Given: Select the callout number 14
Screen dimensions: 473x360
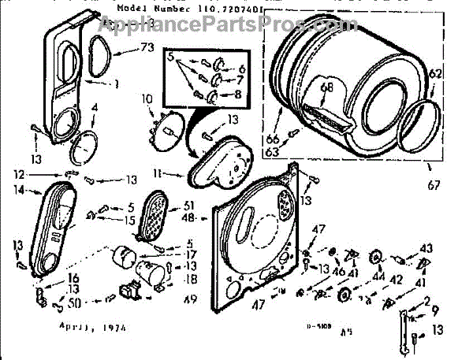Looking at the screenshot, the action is (x=18, y=190).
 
